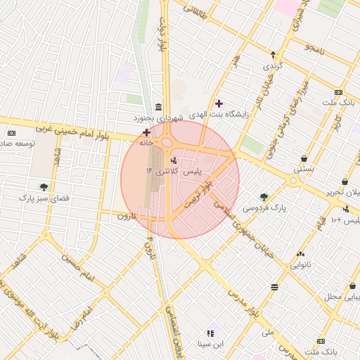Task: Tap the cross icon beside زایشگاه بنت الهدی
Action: pos(219,103)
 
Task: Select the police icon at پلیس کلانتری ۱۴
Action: pos(174,161)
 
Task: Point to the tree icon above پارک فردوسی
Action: pos(264,197)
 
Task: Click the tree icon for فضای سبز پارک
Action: pos(44,187)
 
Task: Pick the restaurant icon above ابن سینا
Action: pos(210,333)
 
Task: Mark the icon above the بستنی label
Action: pos(303,158)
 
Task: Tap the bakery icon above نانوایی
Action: pos(300,254)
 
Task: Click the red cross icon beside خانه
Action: pos(146,132)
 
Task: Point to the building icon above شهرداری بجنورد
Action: pos(158,108)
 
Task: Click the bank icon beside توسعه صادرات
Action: pos(11,133)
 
